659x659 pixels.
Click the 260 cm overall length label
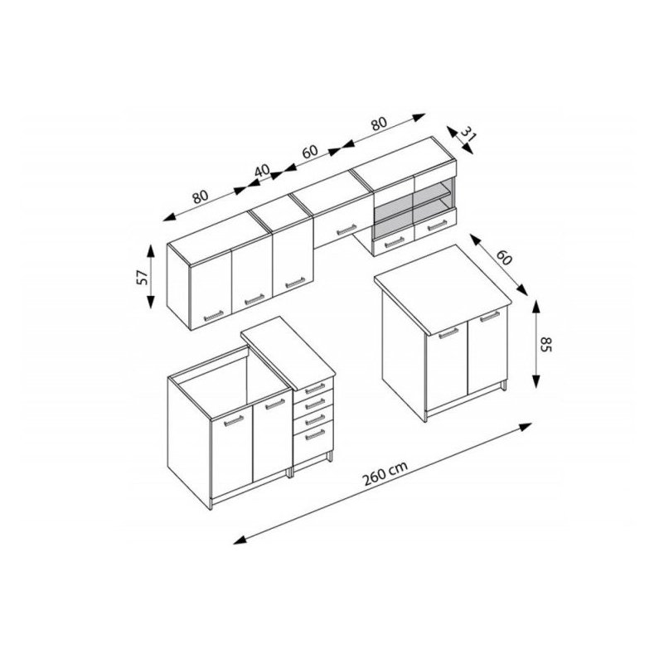pos(385,473)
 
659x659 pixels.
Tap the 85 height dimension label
pos(545,344)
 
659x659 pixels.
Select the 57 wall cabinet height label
pos(143,278)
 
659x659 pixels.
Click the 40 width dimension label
pos(262,171)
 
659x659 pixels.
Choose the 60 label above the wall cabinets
pos(310,152)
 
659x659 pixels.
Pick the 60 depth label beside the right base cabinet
pos(503,258)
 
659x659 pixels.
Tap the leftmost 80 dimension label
pos(200,196)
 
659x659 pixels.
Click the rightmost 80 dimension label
pos(378,124)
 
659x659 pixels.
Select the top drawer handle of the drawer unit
pos(315,388)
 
